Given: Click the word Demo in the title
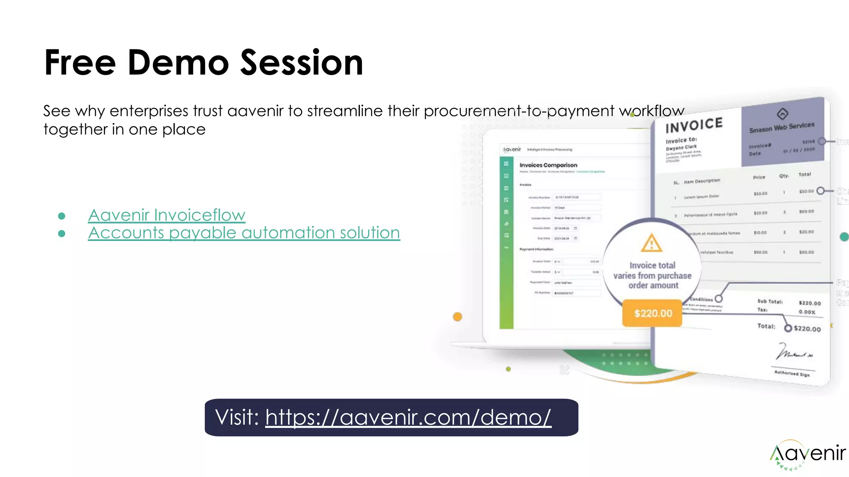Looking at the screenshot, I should pyautogui.click(x=178, y=63).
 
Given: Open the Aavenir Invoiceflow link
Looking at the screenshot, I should pyautogui.click(x=167, y=215).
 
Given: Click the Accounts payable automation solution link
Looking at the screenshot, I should pyautogui.click(x=244, y=233).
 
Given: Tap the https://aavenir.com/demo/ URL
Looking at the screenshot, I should pyautogui.click(x=408, y=417).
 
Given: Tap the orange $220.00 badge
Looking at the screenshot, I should pyautogui.click(x=653, y=313).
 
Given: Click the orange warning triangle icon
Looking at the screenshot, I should pyautogui.click(x=651, y=243).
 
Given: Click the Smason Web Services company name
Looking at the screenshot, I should pyautogui.click(x=781, y=127).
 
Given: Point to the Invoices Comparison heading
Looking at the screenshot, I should pyautogui.click(x=548, y=165).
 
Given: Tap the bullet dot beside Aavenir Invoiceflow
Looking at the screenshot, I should pyautogui.click(x=62, y=216).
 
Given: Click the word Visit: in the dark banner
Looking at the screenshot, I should pyautogui.click(x=237, y=417).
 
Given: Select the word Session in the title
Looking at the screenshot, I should pyautogui.click(x=301, y=63).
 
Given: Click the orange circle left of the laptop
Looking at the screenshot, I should pyautogui.click(x=457, y=317).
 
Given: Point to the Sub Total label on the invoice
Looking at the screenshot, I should pyautogui.click(x=769, y=301).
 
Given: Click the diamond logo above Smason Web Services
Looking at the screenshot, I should pyautogui.click(x=782, y=113).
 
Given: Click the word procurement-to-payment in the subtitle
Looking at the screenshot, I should pyautogui.click(x=519, y=111).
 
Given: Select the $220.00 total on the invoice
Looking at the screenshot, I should pyautogui.click(x=807, y=329).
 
